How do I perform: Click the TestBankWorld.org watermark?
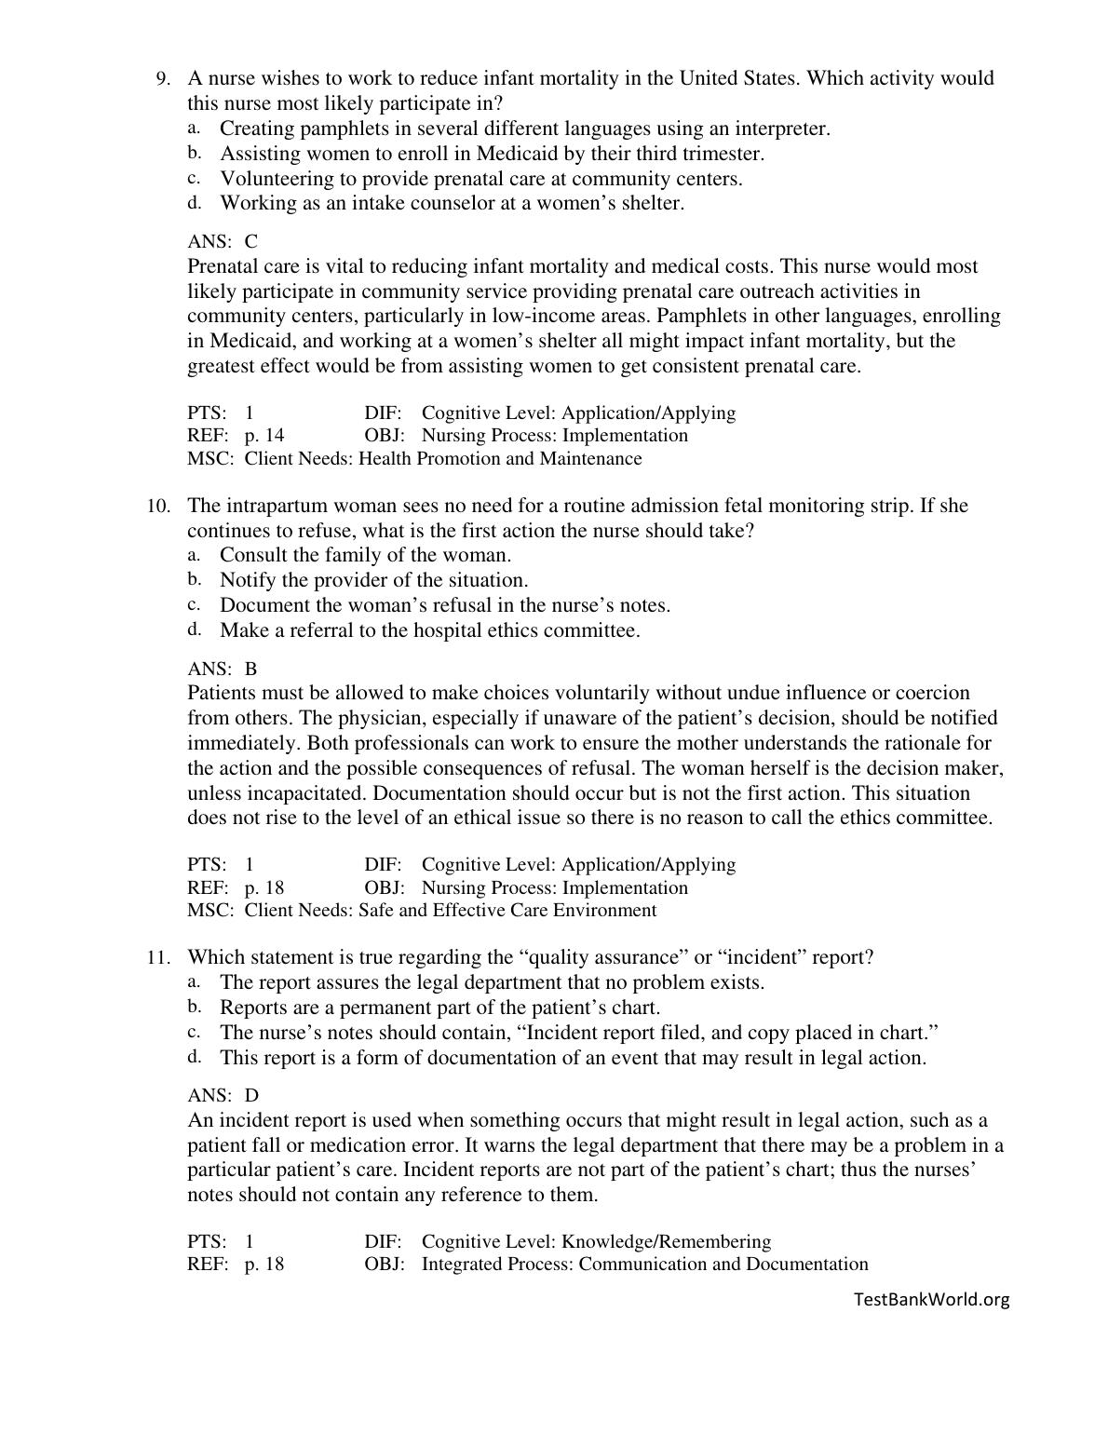930,1299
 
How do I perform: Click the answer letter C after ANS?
251,242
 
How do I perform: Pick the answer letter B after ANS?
251,670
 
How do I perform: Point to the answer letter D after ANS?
251,1096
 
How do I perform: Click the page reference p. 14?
264,436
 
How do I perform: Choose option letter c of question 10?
194,605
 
